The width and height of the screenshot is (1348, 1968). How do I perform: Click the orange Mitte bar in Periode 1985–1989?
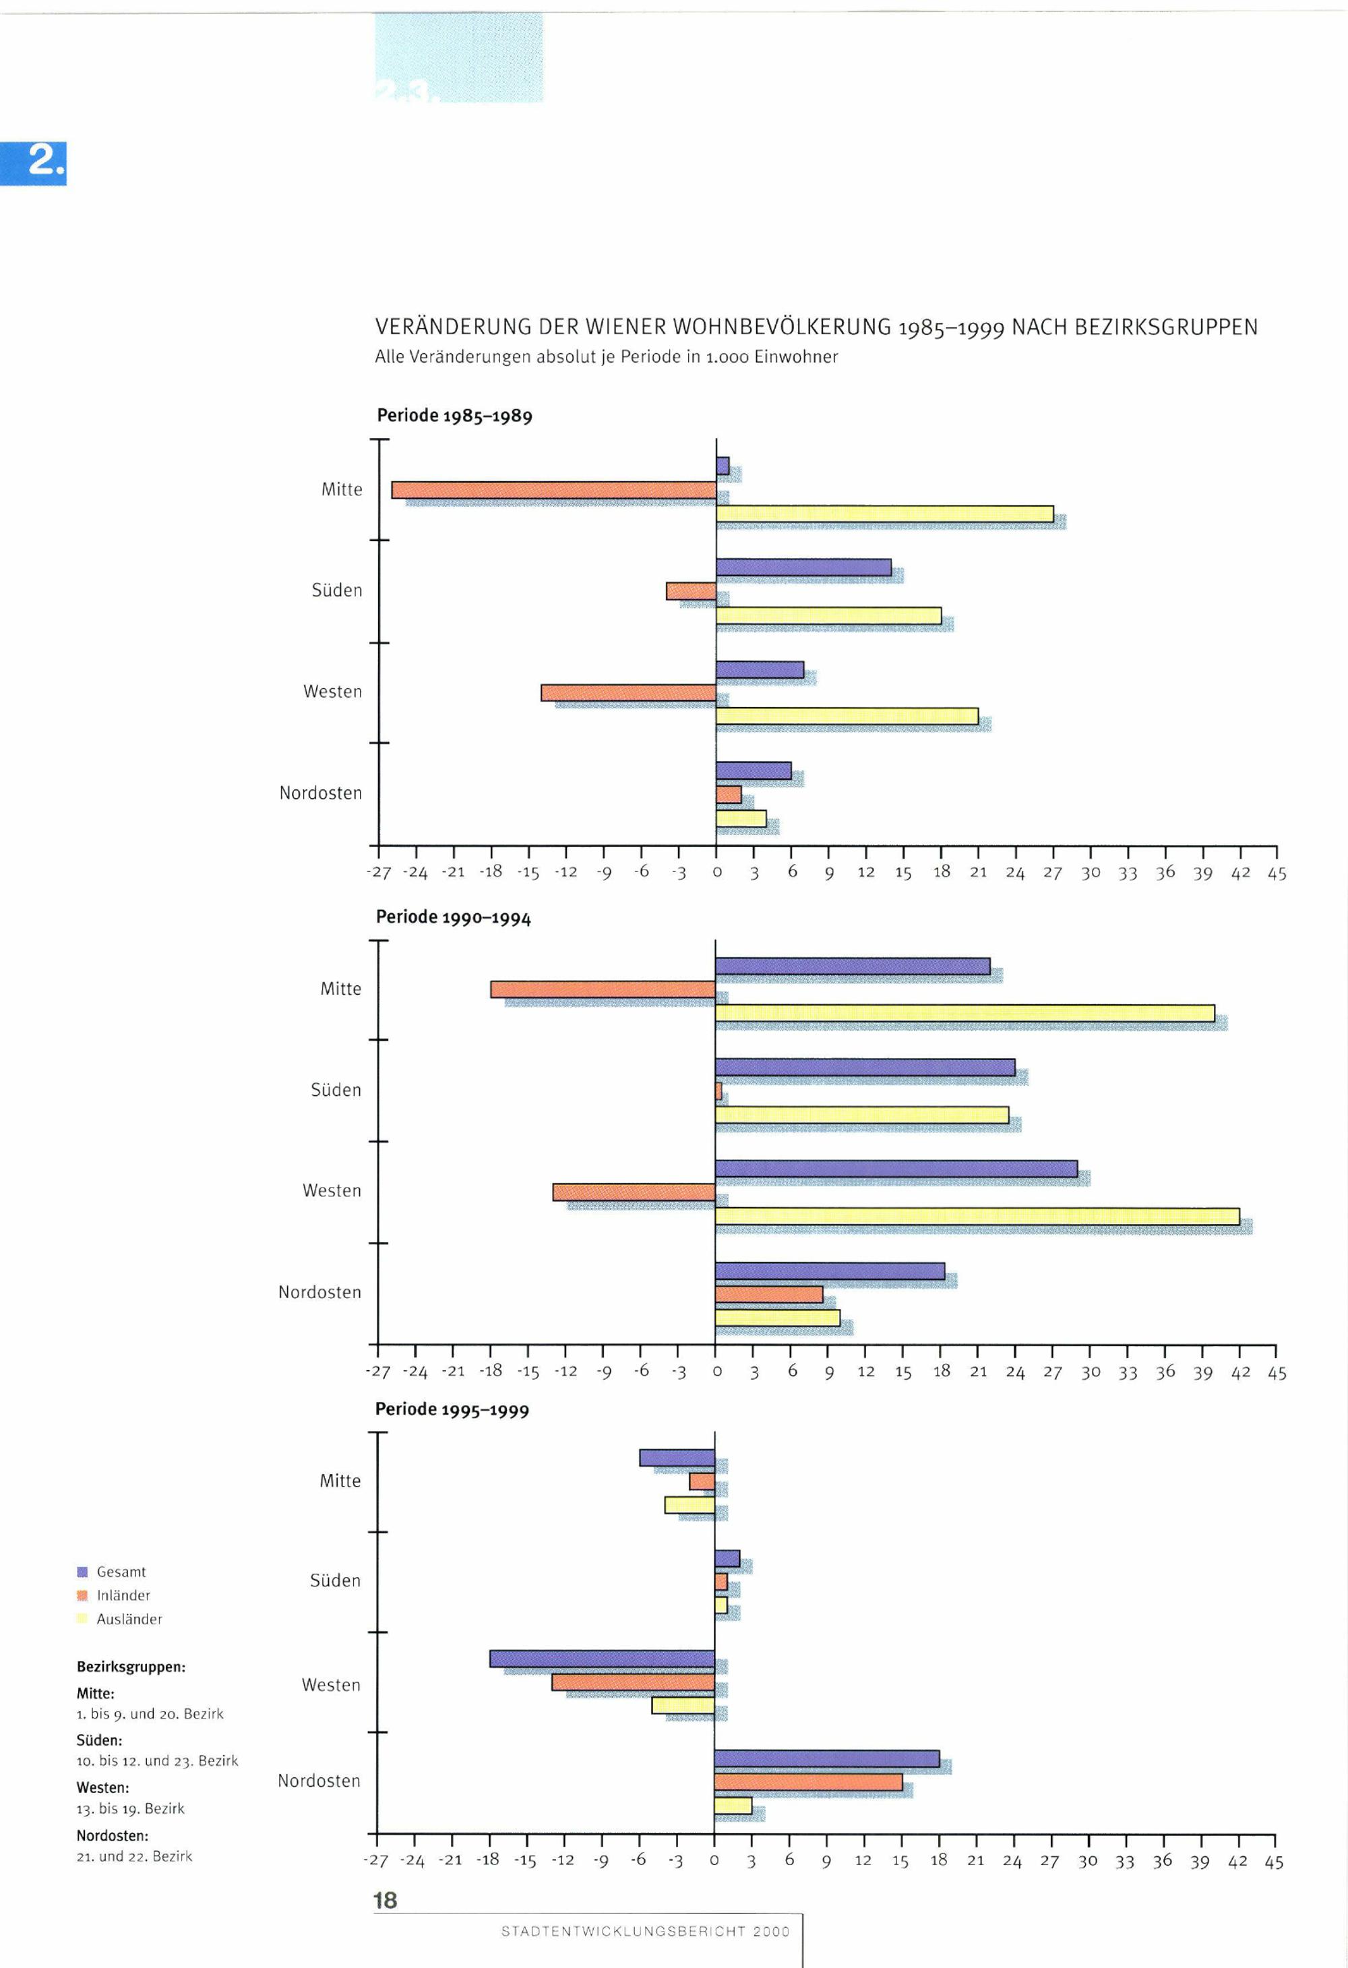[x=554, y=490]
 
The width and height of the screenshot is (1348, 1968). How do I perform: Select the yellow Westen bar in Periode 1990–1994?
[x=977, y=1216]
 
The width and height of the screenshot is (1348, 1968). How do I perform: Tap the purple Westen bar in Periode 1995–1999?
[x=602, y=1659]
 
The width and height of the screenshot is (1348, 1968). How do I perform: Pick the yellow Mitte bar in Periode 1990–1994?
[x=964, y=1014]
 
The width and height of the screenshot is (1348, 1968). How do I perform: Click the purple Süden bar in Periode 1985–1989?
[x=803, y=567]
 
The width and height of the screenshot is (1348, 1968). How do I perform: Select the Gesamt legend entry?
[x=120, y=1572]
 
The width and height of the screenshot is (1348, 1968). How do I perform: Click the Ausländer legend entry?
[x=129, y=1619]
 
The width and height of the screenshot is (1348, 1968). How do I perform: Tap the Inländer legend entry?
[x=123, y=1595]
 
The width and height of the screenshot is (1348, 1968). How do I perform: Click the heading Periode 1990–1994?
[x=453, y=917]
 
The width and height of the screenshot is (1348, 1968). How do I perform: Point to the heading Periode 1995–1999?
[x=452, y=1409]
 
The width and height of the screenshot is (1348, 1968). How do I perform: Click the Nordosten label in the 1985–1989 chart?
[x=320, y=793]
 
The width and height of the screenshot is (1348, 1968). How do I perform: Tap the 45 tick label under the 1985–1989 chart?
[x=1276, y=873]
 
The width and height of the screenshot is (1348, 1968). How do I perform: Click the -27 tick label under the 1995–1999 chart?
[x=375, y=1860]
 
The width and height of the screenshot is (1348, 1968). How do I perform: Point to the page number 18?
[x=386, y=1900]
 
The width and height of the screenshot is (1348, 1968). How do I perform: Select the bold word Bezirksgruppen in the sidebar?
[x=130, y=1667]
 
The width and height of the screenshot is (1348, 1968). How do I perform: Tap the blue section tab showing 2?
[x=42, y=162]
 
